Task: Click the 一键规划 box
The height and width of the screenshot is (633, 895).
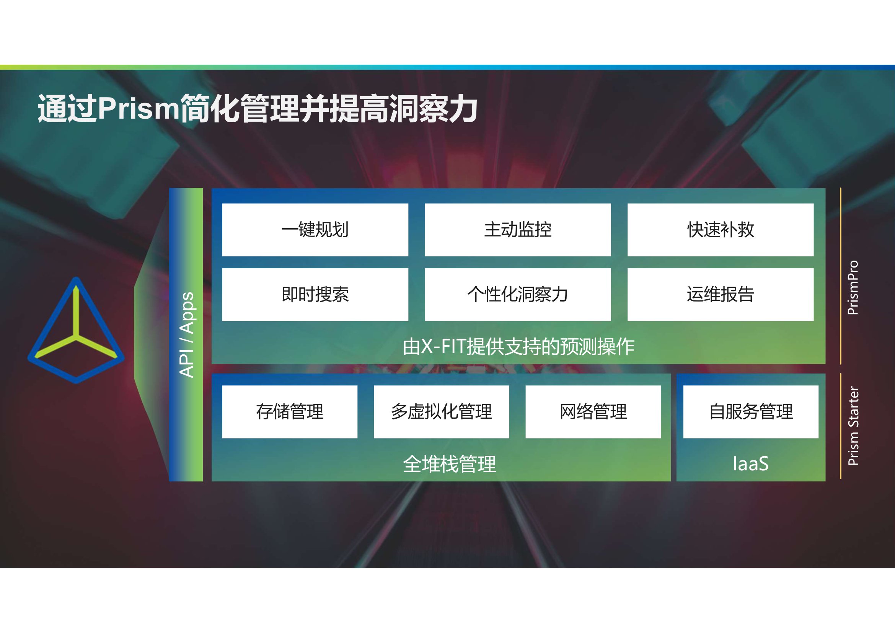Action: tap(315, 230)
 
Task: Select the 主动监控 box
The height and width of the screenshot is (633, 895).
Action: tap(518, 230)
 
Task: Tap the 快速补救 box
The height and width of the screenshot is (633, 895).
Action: tap(721, 230)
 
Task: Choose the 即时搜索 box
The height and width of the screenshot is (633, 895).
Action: tap(315, 294)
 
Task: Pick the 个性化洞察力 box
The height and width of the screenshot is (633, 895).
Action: tap(518, 294)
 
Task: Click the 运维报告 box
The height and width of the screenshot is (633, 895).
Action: tap(721, 294)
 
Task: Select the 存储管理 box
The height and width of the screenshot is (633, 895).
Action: tap(290, 412)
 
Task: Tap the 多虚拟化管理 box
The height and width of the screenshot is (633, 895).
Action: tap(441, 412)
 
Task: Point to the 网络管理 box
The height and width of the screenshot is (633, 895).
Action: tap(593, 412)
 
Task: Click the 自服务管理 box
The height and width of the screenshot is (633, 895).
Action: tap(751, 412)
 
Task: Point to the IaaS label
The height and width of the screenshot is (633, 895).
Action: tap(751, 464)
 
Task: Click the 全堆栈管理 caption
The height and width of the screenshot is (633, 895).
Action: tap(450, 464)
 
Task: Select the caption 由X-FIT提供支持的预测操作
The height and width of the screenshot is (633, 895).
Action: tap(518, 346)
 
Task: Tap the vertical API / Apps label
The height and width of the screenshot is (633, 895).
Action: tap(187, 335)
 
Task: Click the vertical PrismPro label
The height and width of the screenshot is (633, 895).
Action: tap(853, 288)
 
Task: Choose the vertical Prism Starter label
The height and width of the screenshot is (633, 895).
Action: tap(853, 426)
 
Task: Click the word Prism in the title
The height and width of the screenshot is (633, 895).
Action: tap(139, 108)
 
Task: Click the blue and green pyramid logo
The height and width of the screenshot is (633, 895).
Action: tap(76, 330)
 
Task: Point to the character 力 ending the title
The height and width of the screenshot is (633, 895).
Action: tap(462, 109)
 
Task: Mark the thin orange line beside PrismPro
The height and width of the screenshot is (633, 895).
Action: tap(840, 276)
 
